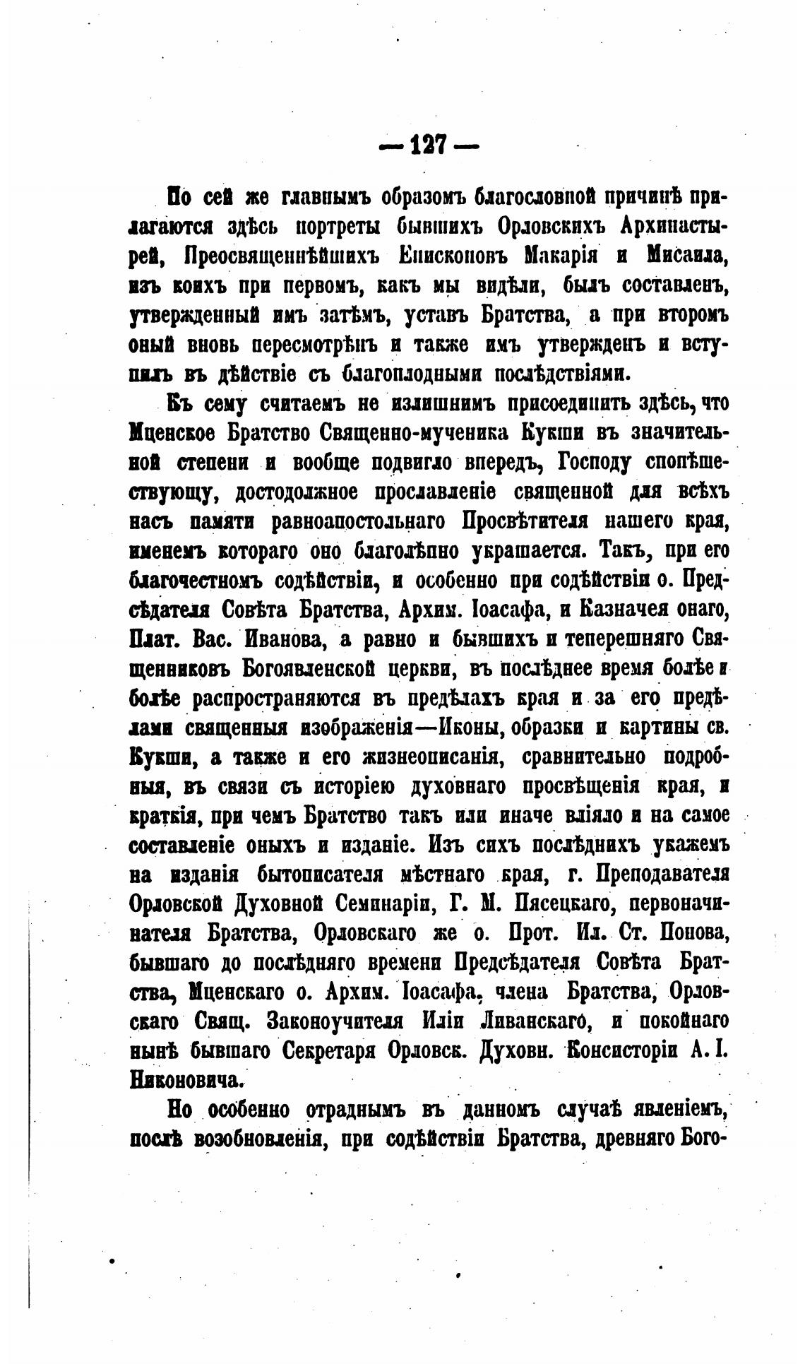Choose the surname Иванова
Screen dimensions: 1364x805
[287, 639]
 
